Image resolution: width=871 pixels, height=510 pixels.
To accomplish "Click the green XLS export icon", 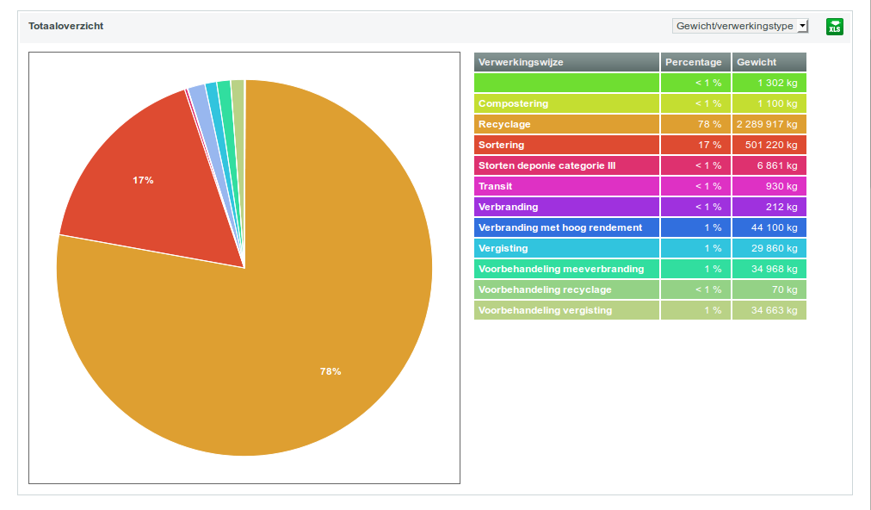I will pyautogui.click(x=834, y=27).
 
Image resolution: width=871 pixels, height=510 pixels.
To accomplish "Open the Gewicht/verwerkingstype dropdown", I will pyautogui.click(x=740, y=27).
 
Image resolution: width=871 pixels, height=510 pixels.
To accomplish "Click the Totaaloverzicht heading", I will pyautogui.click(x=66, y=27).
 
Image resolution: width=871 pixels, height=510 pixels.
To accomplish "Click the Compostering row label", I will pyautogui.click(x=513, y=103).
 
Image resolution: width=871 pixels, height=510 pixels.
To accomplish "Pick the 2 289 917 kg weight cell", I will pyautogui.click(x=767, y=124).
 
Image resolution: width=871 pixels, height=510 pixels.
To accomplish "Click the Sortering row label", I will pyautogui.click(x=501, y=145).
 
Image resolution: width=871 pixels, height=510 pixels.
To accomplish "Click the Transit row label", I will pyautogui.click(x=496, y=186).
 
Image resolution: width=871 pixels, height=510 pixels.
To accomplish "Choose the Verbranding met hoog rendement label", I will pyautogui.click(x=560, y=227).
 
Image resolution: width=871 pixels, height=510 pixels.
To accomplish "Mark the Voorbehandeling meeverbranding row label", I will pyautogui.click(x=561, y=269).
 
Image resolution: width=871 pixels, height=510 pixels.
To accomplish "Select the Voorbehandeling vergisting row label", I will pyautogui.click(x=546, y=310).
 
